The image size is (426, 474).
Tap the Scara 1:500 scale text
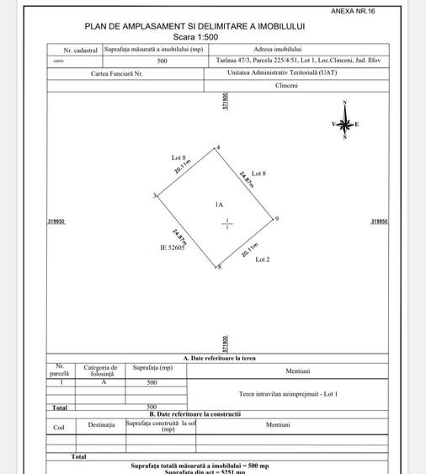click(x=194, y=38)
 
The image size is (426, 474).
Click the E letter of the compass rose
click(x=357, y=125)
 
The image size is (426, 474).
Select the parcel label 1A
click(x=218, y=205)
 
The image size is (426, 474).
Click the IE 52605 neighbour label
click(x=172, y=248)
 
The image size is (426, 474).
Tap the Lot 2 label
click(x=262, y=259)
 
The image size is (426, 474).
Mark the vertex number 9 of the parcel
click(x=276, y=219)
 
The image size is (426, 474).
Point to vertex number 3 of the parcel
click(x=154, y=195)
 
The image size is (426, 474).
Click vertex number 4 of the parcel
click(x=217, y=147)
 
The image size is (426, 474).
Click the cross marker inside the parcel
click(x=227, y=223)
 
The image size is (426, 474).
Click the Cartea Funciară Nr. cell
click(x=125, y=73)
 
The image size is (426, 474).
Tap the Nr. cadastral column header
click(x=74, y=51)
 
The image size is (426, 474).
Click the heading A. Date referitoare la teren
click(x=219, y=359)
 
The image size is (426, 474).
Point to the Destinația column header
click(x=101, y=425)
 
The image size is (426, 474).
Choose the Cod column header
click(x=59, y=427)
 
